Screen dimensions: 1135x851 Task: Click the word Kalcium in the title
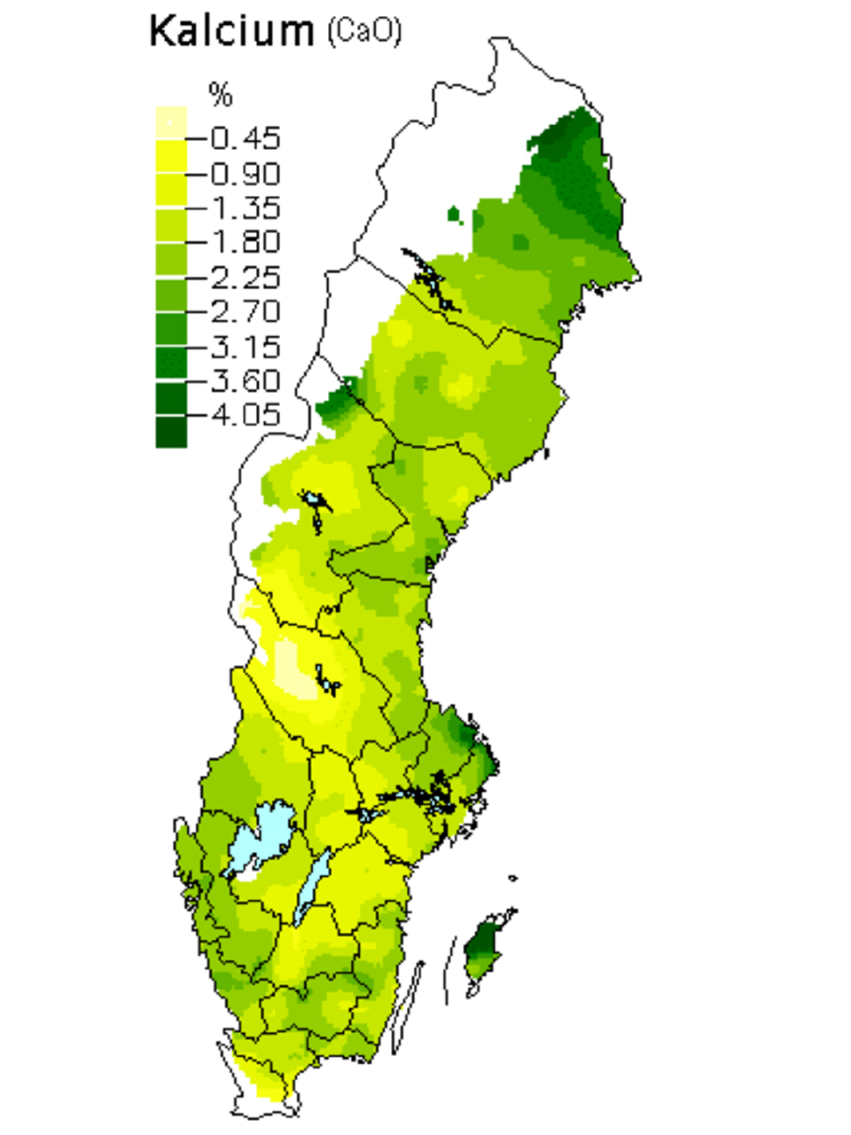(231, 32)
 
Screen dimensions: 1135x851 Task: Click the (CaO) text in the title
(364, 32)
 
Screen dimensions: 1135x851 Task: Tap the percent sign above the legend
(220, 93)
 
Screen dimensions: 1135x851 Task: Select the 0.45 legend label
(246, 138)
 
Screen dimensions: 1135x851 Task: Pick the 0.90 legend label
(246, 173)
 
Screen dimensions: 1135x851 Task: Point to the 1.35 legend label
(246, 207)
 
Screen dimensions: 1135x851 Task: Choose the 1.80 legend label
(246, 242)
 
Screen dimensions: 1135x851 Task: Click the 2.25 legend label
(246, 277)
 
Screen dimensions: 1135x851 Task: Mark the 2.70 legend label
(246, 311)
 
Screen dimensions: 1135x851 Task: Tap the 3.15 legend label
(246, 346)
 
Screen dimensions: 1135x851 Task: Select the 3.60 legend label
(246, 380)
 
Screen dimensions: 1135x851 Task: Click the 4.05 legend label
(246, 415)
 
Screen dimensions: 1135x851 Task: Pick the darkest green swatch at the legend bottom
(171, 432)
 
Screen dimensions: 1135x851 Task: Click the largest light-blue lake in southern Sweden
(258, 838)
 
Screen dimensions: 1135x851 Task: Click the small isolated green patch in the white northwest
(454, 214)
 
